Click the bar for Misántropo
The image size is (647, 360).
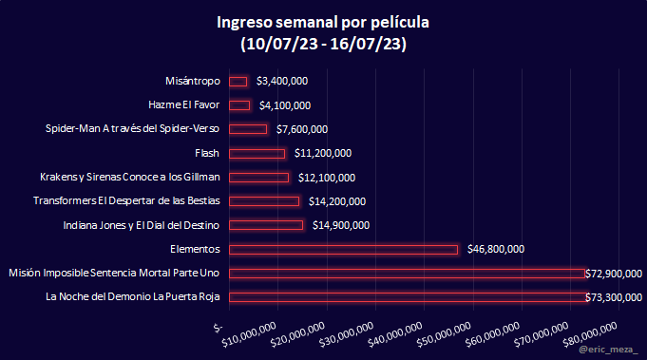click(238, 82)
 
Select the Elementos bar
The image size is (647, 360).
click(343, 250)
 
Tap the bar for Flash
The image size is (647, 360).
click(257, 154)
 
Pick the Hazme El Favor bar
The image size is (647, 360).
click(239, 105)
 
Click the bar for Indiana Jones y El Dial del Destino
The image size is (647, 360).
click(266, 225)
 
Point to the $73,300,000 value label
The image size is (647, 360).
click(614, 297)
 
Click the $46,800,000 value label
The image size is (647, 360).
click(496, 249)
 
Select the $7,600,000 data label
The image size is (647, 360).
click(302, 129)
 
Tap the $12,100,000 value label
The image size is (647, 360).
click(327, 178)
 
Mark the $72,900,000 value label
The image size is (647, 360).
click(614, 274)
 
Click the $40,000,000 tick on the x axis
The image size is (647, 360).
click(395, 334)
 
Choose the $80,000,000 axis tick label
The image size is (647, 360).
click(590, 334)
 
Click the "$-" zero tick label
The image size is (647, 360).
click(219, 328)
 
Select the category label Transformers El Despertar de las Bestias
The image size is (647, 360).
click(126, 200)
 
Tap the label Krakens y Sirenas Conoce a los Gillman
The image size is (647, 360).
click(130, 177)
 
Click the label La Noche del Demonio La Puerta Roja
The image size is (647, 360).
click(132, 297)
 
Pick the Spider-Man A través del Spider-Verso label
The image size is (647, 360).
click(132, 128)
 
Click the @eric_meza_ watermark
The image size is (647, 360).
click(608, 350)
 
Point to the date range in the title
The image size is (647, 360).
click(323, 44)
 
